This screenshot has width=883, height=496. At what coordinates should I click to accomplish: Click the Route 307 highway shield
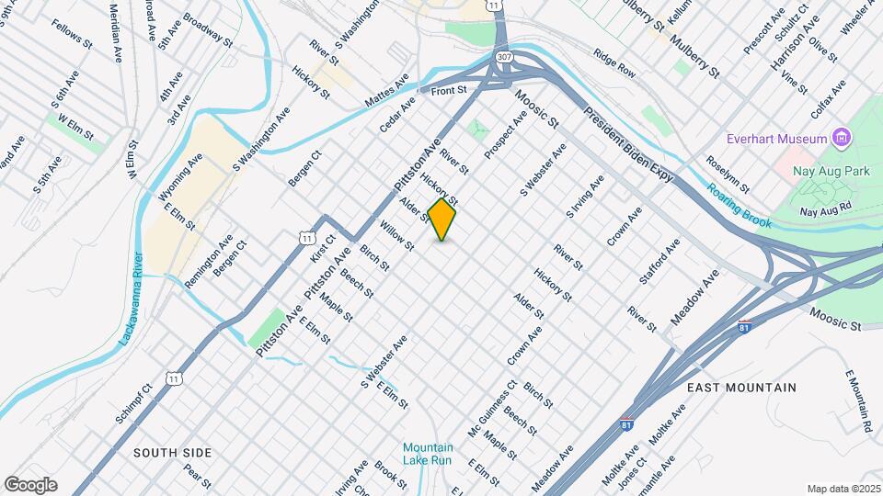503,57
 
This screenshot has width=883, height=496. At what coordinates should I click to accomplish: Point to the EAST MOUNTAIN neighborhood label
742,388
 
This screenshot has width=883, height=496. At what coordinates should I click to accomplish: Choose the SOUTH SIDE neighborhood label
173,453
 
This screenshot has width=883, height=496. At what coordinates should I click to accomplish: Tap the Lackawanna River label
131,299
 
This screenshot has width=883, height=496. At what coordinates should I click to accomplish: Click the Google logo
30,484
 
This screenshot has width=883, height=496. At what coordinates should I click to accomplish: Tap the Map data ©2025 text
843,489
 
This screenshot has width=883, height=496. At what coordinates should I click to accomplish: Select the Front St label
450,90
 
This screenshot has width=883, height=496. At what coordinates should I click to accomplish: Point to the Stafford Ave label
659,261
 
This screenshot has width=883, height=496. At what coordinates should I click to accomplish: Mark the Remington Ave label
209,261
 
